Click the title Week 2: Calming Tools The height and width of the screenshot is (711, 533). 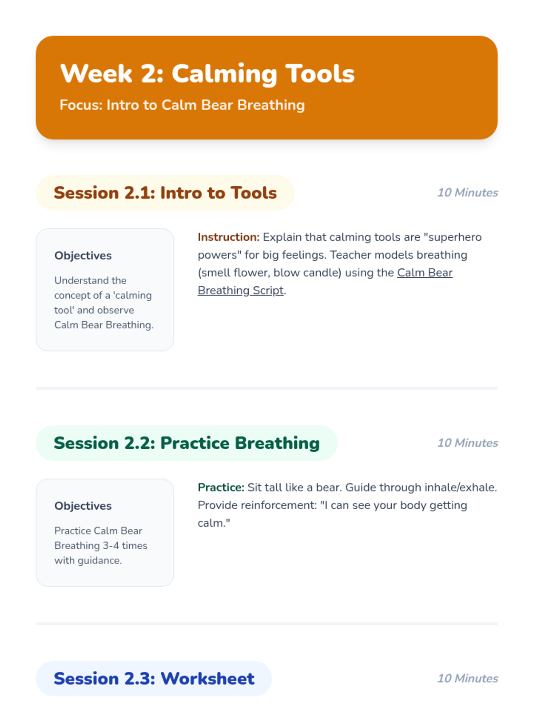point(207,74)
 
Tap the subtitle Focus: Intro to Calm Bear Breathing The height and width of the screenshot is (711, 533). point(182,105)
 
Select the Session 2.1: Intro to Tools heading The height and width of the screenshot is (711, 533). point(165,193)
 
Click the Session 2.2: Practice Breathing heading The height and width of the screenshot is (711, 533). point(187,443)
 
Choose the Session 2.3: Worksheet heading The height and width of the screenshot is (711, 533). point(154,678)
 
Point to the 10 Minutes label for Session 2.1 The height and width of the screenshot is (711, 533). point(467,193)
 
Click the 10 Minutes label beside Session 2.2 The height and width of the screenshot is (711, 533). point(467,443)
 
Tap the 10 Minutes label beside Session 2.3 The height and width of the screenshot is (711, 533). point(467,678)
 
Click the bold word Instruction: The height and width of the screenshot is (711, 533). point(228,237)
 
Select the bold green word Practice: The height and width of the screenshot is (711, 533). point(221,487)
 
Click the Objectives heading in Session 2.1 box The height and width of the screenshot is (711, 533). point(83,256)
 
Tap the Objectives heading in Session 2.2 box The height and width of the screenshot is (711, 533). point(83,506)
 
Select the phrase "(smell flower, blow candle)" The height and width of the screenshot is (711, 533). point(270,273)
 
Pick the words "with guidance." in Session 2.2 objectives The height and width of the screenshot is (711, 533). point(88,561)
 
